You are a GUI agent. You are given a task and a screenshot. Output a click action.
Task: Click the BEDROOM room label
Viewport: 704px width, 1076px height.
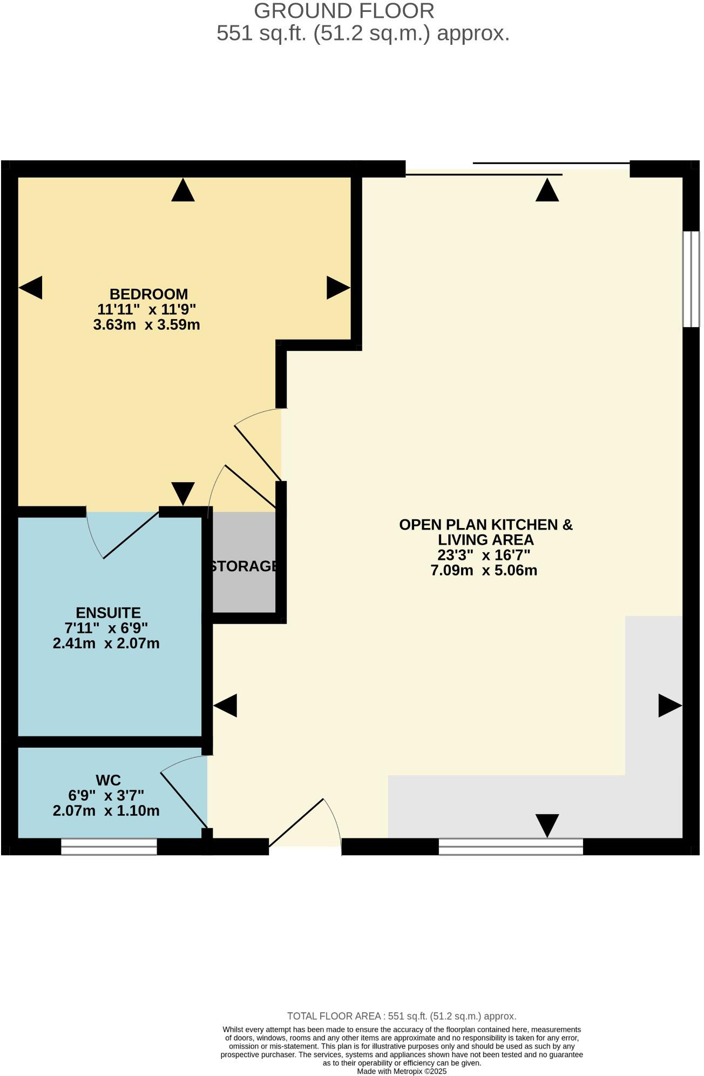pyautogui.click(x=148, y=294)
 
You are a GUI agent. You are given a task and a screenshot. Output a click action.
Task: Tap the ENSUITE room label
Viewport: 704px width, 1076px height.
pyautogui.click(x=109, y=613)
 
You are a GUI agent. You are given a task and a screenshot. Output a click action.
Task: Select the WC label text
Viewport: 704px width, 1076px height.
pyautogui.click(x=108, y=780)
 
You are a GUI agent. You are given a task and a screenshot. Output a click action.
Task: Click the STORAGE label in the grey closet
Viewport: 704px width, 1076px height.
pyautogui.click(x=244, y=566)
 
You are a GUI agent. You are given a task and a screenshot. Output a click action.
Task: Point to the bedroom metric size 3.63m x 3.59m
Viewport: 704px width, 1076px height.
pyautogui.click(x=146, y=325)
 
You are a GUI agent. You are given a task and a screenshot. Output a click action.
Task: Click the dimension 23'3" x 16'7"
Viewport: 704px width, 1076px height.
pyautogui.click(x=484, y=555)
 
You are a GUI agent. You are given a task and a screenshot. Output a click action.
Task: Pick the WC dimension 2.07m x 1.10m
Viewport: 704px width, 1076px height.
pyautogui.click(x=106, y=811)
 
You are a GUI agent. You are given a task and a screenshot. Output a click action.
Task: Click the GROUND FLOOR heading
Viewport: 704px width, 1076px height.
pyautogui.click(x=344, y=11)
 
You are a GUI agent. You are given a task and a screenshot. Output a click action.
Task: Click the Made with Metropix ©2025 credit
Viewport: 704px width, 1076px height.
pyautogui.click(x=402, y=1072)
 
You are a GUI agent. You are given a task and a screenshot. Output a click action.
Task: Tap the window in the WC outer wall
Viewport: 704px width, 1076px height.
pyautogui.click(x=109, y=847)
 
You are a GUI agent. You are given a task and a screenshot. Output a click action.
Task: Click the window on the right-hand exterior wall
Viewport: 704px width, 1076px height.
pyautogui.click(x=691, y=279)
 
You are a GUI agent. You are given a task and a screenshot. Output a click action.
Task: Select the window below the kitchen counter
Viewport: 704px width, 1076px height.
pyautogui.click(x=511, y=847)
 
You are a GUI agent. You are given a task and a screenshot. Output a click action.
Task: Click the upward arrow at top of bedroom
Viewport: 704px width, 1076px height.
pyautogui.click(x=182, y=191)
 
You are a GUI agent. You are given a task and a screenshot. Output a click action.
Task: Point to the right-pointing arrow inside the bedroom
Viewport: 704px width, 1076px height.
pyautogui.click(x=338, y=287)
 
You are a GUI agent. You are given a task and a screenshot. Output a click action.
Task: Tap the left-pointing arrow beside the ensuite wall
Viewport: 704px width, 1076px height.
pyautogui.click(x=225, y=706)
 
